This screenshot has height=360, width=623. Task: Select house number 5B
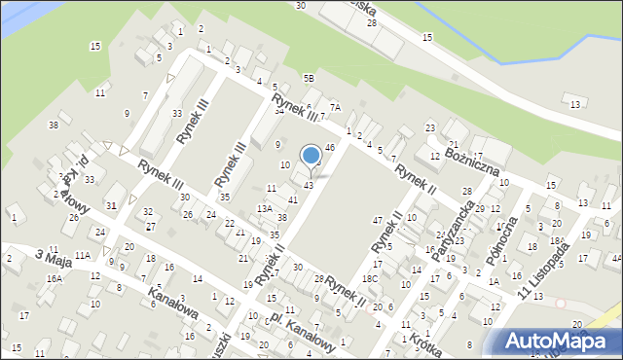(309, 78)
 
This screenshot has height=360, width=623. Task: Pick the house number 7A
(335, 107)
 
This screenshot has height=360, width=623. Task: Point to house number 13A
(264, 208)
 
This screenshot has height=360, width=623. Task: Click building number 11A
(82, 255)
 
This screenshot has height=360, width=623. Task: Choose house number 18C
(369, 278)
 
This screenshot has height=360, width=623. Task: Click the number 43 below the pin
(309, 185)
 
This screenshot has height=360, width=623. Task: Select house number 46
(330, 147)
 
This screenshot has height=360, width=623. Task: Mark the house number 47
(377, 221)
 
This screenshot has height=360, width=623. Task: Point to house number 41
(292, 199)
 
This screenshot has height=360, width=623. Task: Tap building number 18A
(556, 240)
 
